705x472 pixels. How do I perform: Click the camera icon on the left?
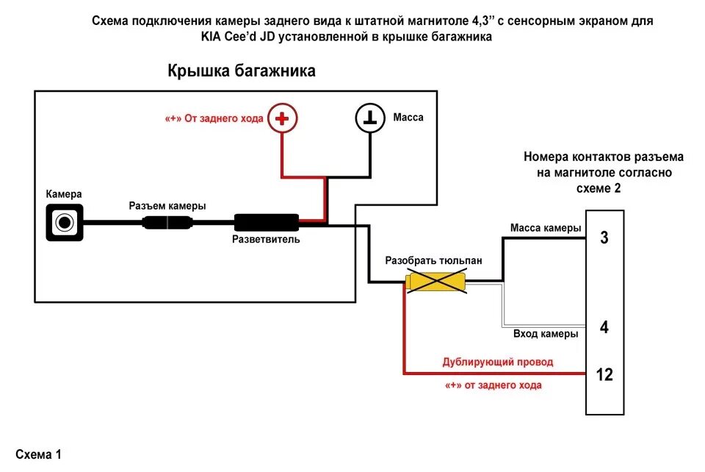pos(65,221)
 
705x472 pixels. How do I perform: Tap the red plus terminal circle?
pos(282,118)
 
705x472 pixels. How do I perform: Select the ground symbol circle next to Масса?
pos(369,118)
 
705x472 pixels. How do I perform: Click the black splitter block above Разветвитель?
pos(266,221)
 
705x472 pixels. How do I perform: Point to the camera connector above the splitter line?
pos(169,222)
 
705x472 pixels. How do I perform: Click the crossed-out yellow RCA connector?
pos(437,282)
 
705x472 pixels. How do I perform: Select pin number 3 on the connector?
pos(604,237)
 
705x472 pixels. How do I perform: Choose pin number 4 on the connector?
pos(604,327)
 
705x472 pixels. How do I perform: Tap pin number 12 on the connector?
pos(604,374)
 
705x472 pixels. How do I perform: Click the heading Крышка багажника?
pos(242,71)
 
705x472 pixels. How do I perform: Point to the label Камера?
pos(64,194)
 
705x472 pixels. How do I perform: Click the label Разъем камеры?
pos(167,206)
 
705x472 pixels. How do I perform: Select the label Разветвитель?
pos(266,240)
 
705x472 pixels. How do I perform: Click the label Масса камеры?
pos(546,228)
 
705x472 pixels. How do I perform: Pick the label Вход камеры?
pos(545,334)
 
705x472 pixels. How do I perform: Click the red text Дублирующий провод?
pos(497,362)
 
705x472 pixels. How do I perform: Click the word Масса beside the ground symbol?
pos(408,118)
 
